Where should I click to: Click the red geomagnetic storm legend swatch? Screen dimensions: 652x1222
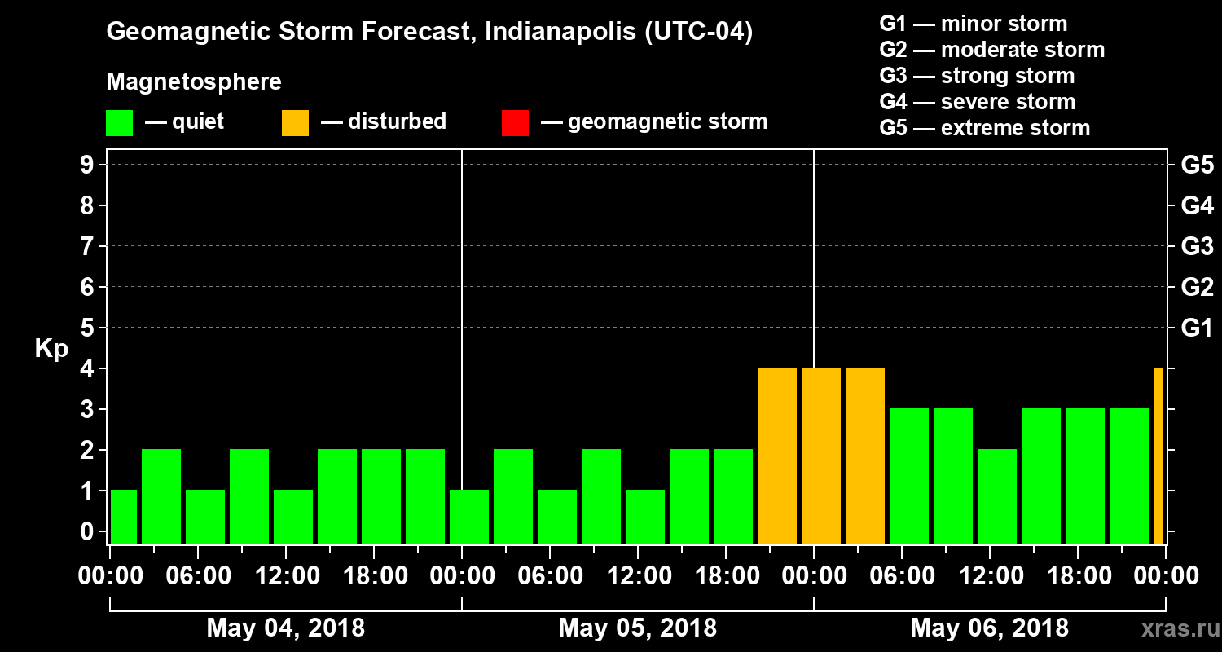click(x=515, y=123)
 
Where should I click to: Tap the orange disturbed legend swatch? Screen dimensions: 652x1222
click(x=295, y=123)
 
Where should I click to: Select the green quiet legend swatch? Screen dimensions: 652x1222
click(x=119, y=123)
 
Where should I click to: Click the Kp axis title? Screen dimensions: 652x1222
click(x=51, y=349)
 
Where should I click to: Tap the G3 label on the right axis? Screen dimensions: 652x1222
click(x=1197, y=247)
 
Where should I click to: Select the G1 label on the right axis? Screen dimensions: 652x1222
click(x=1197, y=328)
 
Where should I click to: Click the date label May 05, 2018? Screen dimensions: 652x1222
click(x=637, y=628)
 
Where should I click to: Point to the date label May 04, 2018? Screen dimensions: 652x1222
click(x=285, y=628)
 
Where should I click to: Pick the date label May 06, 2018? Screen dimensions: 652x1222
click(x=989, y=628)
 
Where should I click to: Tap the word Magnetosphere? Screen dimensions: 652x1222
click(x=194, y=82)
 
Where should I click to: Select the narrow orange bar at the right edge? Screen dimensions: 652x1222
click(x=1158, y=456)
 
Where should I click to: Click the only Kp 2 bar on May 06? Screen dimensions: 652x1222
click(x=997, y=497)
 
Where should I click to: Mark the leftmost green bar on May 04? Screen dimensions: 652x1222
click(x=123, y=518)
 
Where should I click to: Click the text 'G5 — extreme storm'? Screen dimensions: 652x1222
click(x=984, y=128)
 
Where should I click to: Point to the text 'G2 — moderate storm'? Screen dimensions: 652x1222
click(x=991, y=50)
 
